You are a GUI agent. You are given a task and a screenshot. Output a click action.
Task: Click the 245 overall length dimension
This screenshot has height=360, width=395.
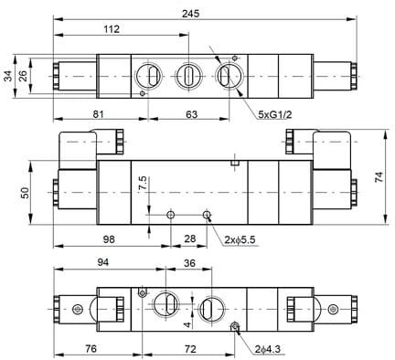coord(190,14)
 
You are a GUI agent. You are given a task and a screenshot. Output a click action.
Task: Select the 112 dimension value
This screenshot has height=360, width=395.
coord(112,29)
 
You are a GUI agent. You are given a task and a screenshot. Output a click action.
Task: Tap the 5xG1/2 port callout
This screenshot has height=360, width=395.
coord(275,114)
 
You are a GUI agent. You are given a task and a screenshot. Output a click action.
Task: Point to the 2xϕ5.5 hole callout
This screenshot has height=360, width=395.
coord(240,240)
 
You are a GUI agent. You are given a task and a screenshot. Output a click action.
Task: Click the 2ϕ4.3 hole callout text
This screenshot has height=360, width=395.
coord(268,349)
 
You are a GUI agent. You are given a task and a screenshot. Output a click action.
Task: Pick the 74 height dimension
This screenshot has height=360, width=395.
coord(379,177)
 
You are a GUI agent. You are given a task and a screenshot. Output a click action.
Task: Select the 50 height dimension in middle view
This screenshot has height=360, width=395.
coord(26,193)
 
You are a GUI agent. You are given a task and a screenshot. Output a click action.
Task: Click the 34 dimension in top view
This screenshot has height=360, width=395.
coord(9,76)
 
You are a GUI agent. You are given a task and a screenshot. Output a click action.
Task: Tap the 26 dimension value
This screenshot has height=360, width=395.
coord(23,76)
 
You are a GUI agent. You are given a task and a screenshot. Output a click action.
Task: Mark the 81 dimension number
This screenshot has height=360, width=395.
coord(98,114)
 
